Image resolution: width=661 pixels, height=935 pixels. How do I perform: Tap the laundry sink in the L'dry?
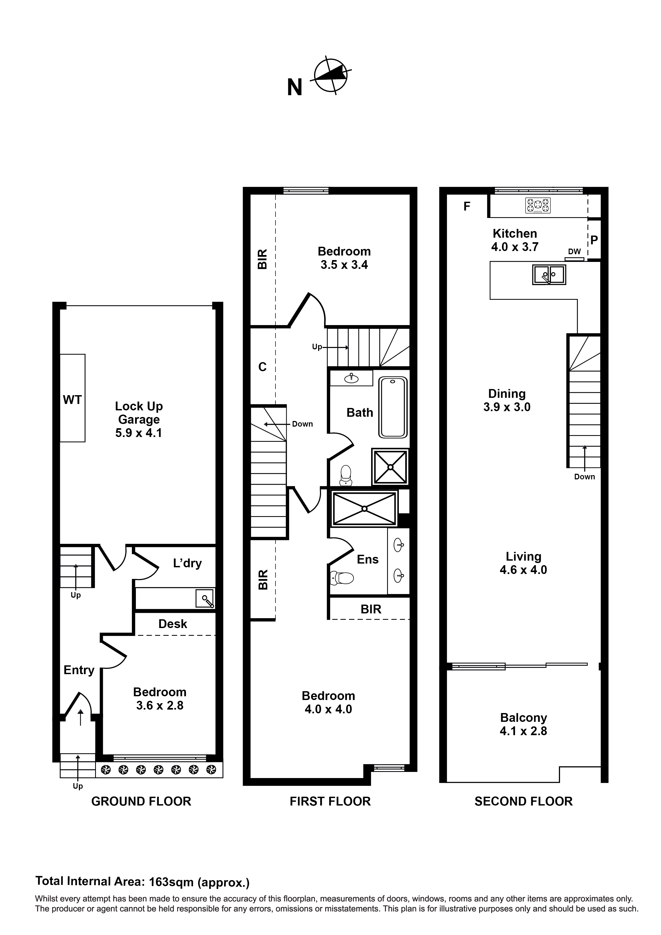(x=205, y=599)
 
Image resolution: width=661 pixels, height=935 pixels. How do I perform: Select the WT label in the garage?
(x=72, y=400)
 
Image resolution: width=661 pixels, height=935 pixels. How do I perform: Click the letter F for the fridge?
(x=467, y=207)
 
